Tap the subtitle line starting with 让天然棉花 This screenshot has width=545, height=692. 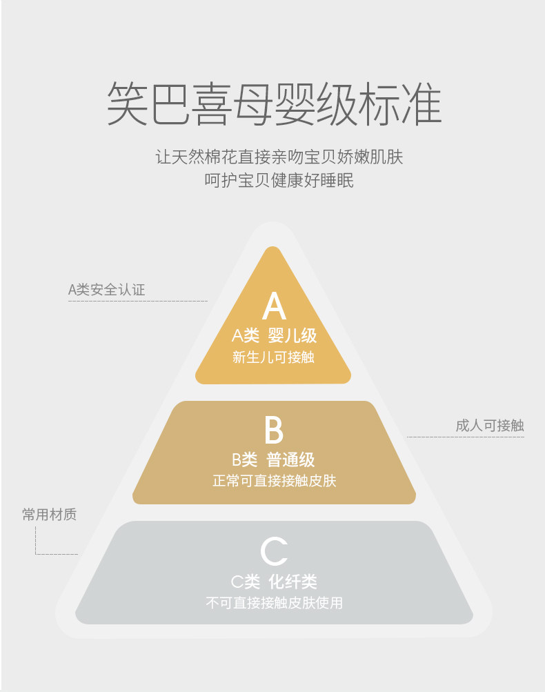click(279, 157)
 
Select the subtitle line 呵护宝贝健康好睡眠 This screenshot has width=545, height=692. click(279, 181)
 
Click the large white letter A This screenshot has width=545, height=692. click(274, 306)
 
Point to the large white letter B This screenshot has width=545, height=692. click(274, 429)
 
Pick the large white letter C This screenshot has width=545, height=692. click(274, 552)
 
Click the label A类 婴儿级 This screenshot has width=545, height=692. click(274, 336)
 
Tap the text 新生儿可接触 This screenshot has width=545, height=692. click(274, 357)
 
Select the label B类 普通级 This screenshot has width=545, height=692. click(274, 459)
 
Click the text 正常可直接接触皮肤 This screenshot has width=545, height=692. click(274, 480)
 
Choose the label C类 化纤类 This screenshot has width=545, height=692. click(274, 582)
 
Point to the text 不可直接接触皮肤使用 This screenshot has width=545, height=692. click(274, 603)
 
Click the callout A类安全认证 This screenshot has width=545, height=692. click(107, 290)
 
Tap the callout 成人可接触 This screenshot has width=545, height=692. click(489, 426)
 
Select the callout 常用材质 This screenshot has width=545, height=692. click(49, 515)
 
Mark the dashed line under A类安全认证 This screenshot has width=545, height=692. click(138, 301)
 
